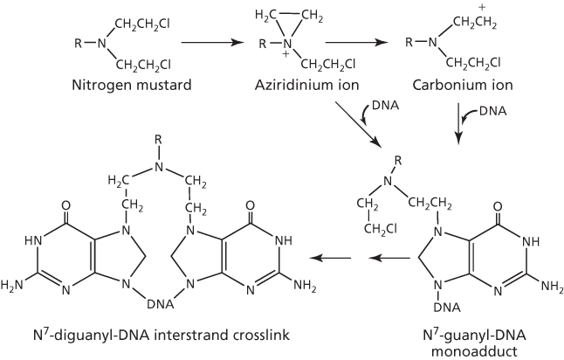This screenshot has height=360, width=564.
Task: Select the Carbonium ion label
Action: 458,86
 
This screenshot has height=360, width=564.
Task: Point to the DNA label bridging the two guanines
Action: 159,303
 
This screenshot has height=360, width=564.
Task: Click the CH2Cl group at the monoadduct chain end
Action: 381,230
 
